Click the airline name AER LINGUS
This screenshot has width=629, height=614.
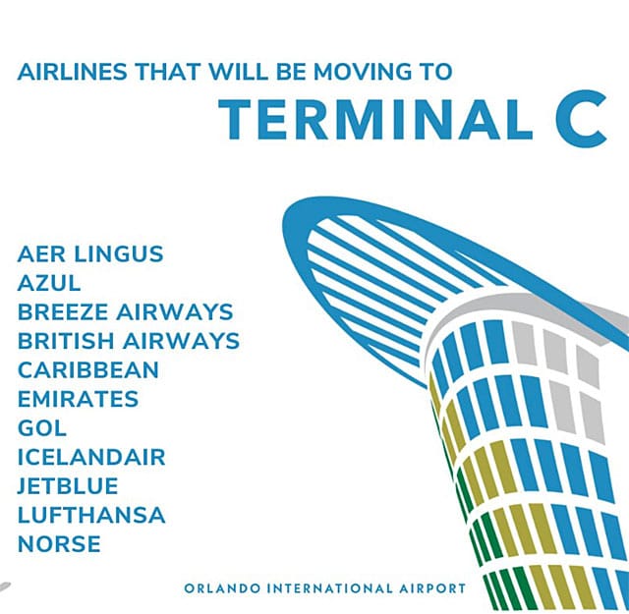click(x=90, y=254)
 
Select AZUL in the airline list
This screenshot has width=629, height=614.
click(x=49, y=283)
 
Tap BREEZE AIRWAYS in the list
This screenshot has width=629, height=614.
click(x=125, y=312)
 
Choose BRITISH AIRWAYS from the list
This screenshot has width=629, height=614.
click(x=129, y=341)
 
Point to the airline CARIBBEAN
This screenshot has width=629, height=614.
click(x=88, y=369)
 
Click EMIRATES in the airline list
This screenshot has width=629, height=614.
click(x=79, y=399)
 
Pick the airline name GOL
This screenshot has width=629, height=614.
click(x=42, y=428)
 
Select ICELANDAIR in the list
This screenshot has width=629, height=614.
click(x=91, y=457)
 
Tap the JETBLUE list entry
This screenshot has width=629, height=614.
click(x=68, y=486)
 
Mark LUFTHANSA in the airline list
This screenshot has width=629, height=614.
click(x=91, y=515)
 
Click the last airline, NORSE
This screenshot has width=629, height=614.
click(x=59, y=544)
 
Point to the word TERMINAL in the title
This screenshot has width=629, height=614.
click(x=375, y=120)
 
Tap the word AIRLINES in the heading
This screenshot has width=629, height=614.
click(x=72, y=72)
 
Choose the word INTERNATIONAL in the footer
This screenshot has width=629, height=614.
click(x=330, y=588)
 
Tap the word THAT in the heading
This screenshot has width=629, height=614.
click(x=168, y=72)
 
